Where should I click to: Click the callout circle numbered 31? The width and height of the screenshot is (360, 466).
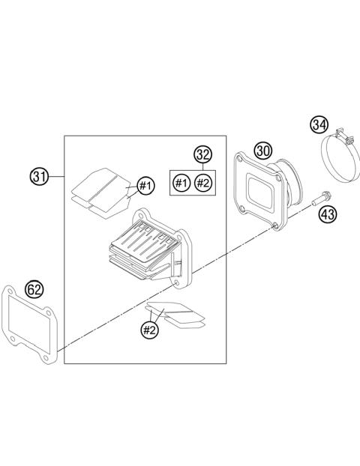click(x=39, y=177)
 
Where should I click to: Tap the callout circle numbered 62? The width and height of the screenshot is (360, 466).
click(x=34, y=288)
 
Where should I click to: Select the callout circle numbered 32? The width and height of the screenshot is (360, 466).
click(x=202, y=155)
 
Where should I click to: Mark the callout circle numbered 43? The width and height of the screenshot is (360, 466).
click(x=328, y=214)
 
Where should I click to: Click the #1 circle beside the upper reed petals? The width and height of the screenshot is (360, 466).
click(x=145, y=185)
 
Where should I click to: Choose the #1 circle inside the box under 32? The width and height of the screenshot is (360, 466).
click(x=181, y=182)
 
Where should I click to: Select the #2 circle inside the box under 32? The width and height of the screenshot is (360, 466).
click(x=203, y=182)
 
